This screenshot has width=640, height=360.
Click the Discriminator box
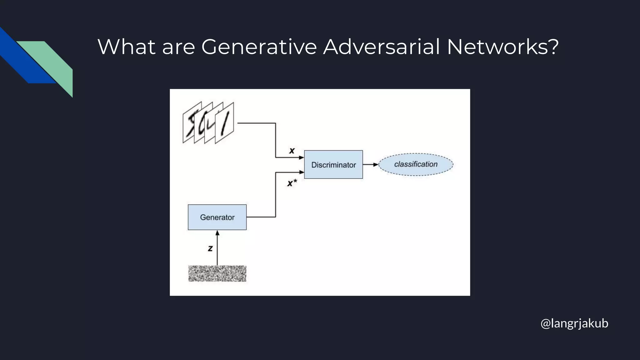333,164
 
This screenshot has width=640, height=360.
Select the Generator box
217,217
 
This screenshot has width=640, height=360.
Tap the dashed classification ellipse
416,164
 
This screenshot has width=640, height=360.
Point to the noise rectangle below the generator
217,273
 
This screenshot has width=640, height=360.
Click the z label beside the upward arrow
210,248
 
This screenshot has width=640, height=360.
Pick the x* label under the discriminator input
292,183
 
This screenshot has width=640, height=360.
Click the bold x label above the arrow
292,151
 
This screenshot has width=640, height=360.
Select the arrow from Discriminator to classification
371,165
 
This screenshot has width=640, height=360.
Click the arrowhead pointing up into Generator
217,233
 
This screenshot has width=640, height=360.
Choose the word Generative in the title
259,47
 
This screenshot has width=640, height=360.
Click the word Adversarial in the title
381,47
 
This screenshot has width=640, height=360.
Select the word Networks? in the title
502,47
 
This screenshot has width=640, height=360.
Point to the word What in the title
126,47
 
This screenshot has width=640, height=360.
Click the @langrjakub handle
574,323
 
